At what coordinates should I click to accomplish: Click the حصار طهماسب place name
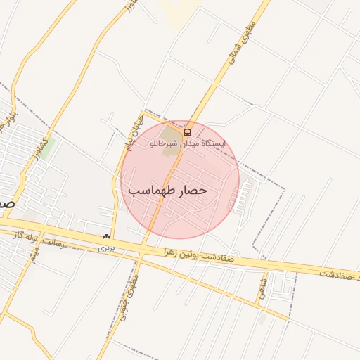(x=167, y=191)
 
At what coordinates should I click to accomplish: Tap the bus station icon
(x=187, y=131)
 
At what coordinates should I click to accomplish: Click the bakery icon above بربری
(x=106, y=238)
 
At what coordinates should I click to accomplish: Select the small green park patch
(x=46, y=147)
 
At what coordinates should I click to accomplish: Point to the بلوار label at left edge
(x=9, y=116)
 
